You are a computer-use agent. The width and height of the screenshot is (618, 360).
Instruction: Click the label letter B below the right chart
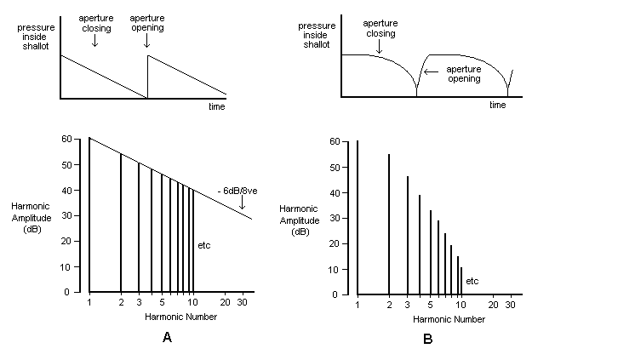(428, 340)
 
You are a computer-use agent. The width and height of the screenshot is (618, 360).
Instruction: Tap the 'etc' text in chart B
(472, 280)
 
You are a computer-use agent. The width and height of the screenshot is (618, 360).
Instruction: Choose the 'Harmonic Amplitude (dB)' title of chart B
(300, 220)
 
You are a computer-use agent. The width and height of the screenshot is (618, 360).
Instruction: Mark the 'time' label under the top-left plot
(216, 106)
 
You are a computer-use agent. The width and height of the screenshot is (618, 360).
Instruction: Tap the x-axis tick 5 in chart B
(431, 305)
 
